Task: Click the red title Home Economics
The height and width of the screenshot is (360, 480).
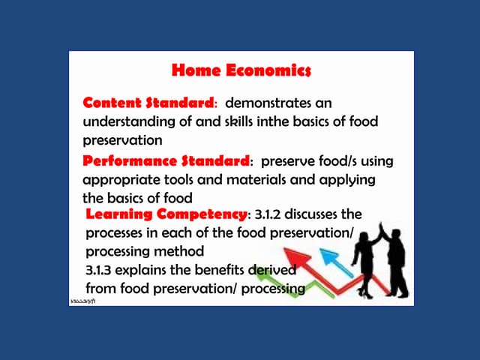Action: tap(241, 70)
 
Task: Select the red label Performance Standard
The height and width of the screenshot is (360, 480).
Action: tap(165, 161)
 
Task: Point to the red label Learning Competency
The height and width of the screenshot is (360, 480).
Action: tap(166, 215)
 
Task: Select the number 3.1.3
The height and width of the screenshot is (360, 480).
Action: tap(102, 270)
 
